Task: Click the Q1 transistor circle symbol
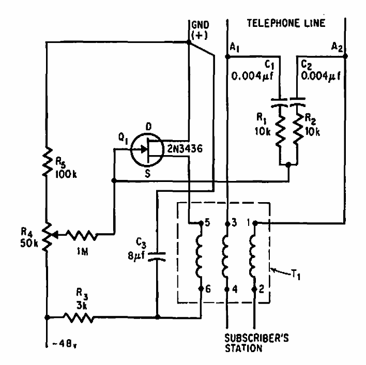click(x=147, y=150)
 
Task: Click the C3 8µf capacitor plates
click(x=157, y=257)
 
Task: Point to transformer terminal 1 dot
click(x=254, y=224)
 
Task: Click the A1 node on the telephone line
click(x=227, y=55)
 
